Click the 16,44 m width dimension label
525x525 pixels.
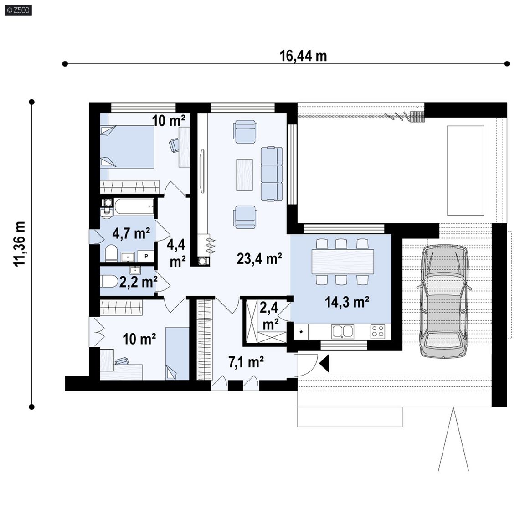303,56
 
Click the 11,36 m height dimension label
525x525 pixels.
20,244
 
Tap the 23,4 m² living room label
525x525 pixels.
259,258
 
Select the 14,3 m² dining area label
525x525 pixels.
347,302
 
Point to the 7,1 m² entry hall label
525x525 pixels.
246,362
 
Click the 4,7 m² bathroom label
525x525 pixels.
131,233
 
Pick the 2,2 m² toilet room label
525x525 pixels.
138,282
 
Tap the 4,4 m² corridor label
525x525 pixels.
176,253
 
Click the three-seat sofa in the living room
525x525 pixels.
272,174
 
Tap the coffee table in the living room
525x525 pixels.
244,175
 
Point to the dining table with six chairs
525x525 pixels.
343,262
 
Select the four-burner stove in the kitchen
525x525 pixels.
378,331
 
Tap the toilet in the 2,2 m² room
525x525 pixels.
109,281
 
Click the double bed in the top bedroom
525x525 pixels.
127,147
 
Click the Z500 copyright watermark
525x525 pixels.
19,10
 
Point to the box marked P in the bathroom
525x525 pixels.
146,257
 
